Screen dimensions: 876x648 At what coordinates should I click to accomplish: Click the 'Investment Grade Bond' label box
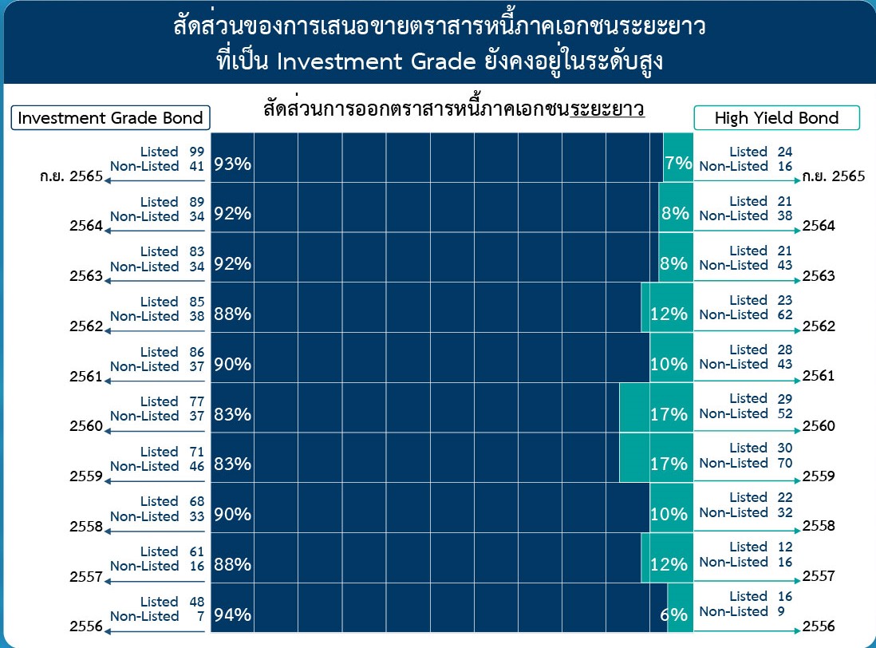pos(111,118)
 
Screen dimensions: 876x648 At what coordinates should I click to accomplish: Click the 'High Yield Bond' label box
pos(776,118)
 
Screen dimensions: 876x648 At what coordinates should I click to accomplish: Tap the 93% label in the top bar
pos(232,164)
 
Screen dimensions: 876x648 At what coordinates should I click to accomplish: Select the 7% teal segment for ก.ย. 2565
pos(678,157)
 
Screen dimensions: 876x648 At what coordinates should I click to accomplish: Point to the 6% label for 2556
pos(674,614)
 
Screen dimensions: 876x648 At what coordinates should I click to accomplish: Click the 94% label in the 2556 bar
pos(232,614)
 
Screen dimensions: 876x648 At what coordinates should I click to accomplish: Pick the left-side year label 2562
pos(86,326)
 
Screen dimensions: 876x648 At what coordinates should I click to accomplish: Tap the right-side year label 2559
pos(819,476)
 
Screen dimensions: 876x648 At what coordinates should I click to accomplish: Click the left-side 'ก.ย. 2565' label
pos(72,176)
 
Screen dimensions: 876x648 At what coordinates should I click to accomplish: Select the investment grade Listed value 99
pos(196,152)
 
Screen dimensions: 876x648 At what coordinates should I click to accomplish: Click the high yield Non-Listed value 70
pos(785,463)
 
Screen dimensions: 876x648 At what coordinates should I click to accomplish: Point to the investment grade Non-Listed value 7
pos(200,616)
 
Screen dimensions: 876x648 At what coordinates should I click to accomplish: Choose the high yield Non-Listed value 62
pos(785,314)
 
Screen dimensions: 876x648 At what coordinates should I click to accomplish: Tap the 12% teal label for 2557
pos(669,564)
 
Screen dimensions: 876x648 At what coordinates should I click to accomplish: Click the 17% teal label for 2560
pos(669,414)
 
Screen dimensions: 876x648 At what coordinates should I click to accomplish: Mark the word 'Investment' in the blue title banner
pos(340,61)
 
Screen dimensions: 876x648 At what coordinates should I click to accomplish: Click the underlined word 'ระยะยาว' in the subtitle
pos(607,109)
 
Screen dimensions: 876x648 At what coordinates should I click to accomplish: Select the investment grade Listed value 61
pos(196,551)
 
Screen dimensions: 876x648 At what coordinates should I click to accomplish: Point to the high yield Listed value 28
pos(785,350)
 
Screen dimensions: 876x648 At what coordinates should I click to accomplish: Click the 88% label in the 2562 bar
pos(232,314)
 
